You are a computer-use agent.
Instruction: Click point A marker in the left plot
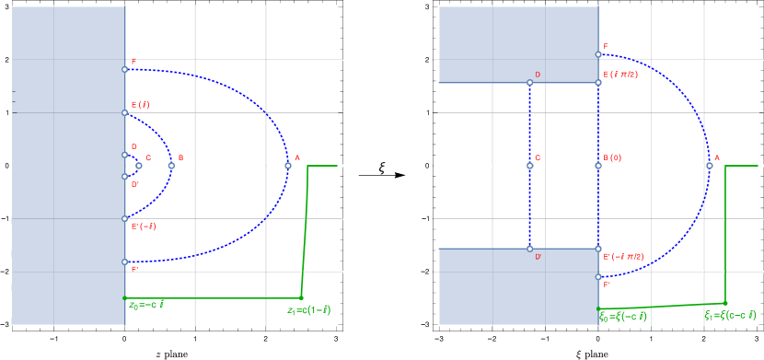tap(287, 166)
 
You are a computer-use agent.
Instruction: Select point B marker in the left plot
tap(171, 166)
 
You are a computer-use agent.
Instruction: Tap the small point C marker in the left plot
tap(138, 166)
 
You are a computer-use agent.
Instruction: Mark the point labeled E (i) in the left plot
tap(125, 113)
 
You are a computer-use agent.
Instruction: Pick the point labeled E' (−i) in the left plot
tap(125, 219)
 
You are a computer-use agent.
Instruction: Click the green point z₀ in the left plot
tap(125, 298)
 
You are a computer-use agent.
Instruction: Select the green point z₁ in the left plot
tap(301, 297)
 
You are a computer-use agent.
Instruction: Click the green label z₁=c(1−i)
tap(308, 310)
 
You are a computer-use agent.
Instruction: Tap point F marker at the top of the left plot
tap(125, 69)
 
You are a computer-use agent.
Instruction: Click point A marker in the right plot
tap(709, 166)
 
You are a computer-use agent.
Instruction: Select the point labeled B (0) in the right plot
tap(598, 166)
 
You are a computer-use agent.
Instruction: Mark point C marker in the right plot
tap(530, 166)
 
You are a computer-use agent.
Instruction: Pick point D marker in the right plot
tap(530, 83)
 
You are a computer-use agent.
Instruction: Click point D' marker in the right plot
tap(530, 249)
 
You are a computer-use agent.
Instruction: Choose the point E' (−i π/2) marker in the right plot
tap(598, 249)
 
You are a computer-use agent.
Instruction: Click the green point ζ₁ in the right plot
tap(725, 303)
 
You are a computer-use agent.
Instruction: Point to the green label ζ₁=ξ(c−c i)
tap(730, 315)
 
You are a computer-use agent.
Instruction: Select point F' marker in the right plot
tap(598, 276)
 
